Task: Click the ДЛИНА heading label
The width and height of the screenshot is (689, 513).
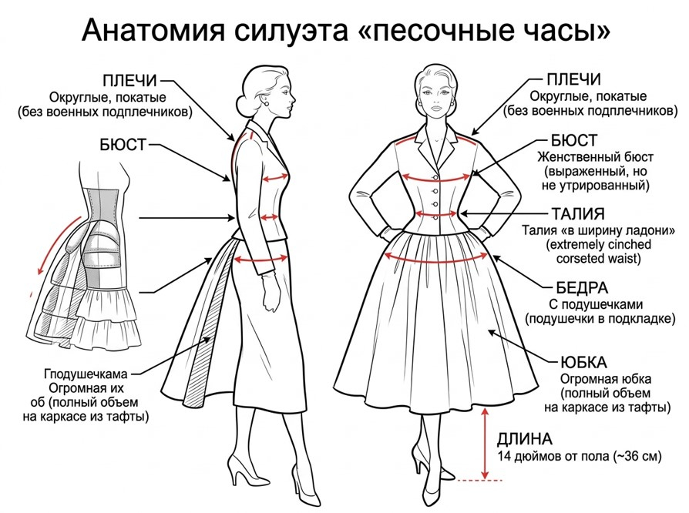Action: [x=524, y=439]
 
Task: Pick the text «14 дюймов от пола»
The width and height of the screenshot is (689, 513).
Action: [x=550, y=457]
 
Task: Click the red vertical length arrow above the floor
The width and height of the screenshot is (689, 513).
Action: [x=483, y=443]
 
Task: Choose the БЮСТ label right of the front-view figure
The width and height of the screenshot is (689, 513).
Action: [x=574, y=140]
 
